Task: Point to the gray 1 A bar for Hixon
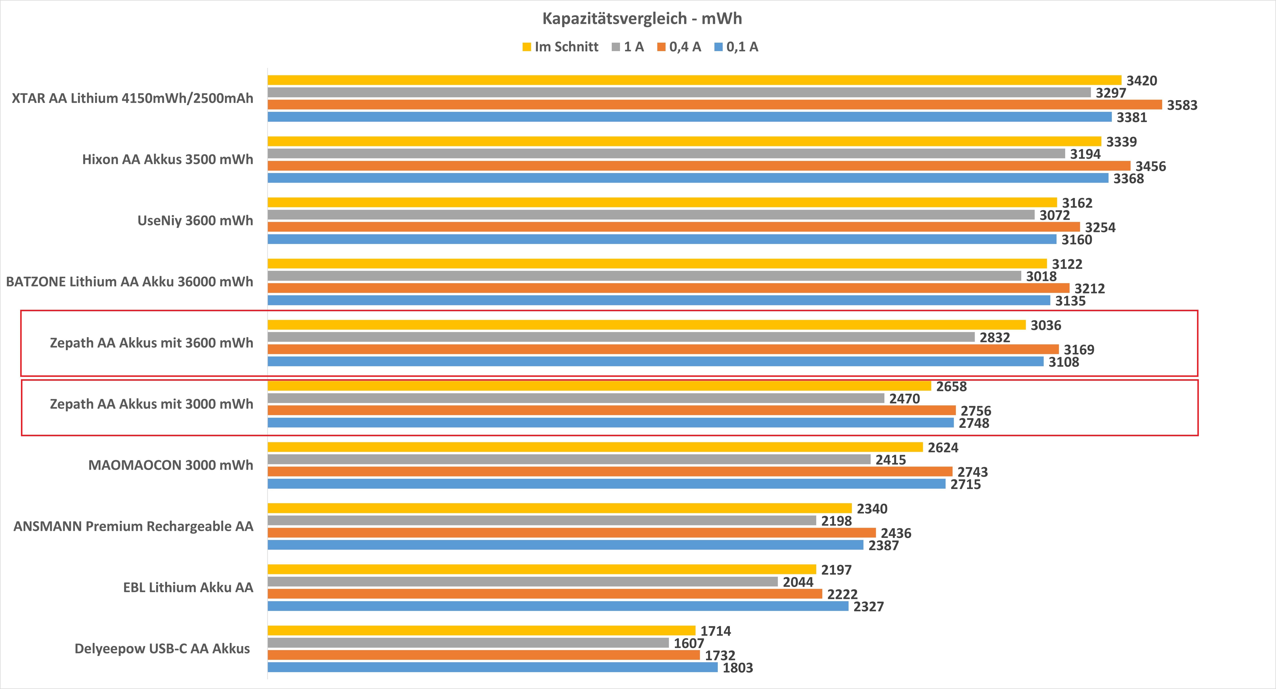pyautogui.click(x=666, y=154)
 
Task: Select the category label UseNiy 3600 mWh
pyautogui.click(x=195, y=221)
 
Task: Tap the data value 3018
pyautogui.click(x=1041, y=276)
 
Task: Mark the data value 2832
pyautogui.click(x=995, y=338)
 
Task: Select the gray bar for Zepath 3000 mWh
pyautogui.click(x=576, y=398)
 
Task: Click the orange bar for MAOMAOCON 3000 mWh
pyautogui.click(x=610, y=471)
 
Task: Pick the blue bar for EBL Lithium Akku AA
pyautogui.click(x=558, y=606)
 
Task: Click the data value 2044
pyautogui.click(x=798, y=582)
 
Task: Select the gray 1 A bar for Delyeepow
pyautogui.click(x=468, y=643)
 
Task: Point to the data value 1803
pyautogui.click(x=738, y=668)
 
